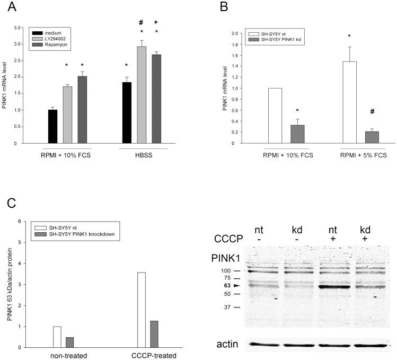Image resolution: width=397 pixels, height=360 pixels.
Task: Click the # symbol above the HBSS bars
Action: [x=142, y=22]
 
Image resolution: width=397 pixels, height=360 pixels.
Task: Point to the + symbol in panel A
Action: [x=156, y=22]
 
